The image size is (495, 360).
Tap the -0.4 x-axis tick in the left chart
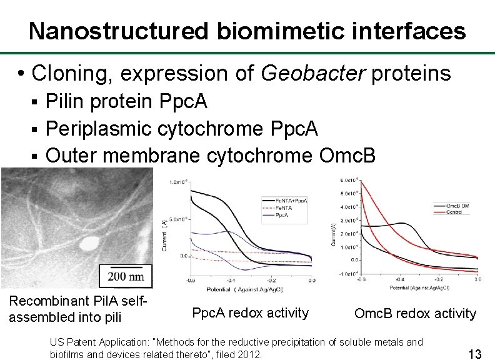231,280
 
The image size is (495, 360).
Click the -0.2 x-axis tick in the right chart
439,279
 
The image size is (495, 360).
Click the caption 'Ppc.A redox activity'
250,313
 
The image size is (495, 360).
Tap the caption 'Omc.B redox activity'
415,314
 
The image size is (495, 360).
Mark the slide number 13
474,354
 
